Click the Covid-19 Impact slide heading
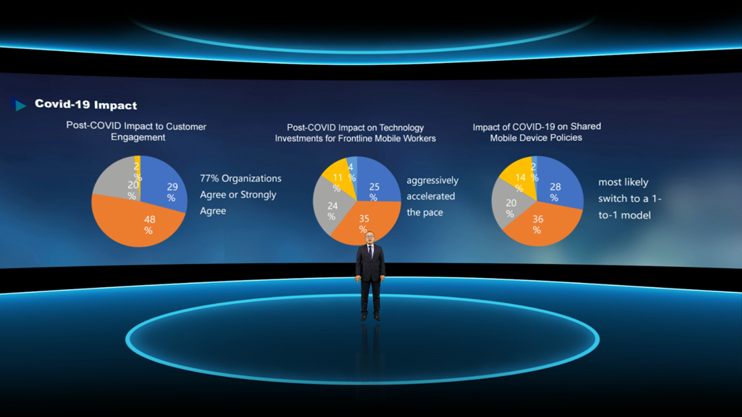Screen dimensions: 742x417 (86, 104)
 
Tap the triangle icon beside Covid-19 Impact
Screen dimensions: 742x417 (19, 104)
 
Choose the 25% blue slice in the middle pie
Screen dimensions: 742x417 (377, 185)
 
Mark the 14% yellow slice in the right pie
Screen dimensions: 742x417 (521, 177)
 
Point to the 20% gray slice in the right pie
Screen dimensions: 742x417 (509, 205)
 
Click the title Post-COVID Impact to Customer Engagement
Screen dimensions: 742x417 (136, 132)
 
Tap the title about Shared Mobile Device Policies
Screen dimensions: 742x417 (536, 132)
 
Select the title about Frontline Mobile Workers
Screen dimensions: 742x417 (355, 133)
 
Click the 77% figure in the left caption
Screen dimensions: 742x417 (209, 178)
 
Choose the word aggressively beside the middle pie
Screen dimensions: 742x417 (433, 180)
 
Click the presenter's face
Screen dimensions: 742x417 (370, 237)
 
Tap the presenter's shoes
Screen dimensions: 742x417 (370, 317)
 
